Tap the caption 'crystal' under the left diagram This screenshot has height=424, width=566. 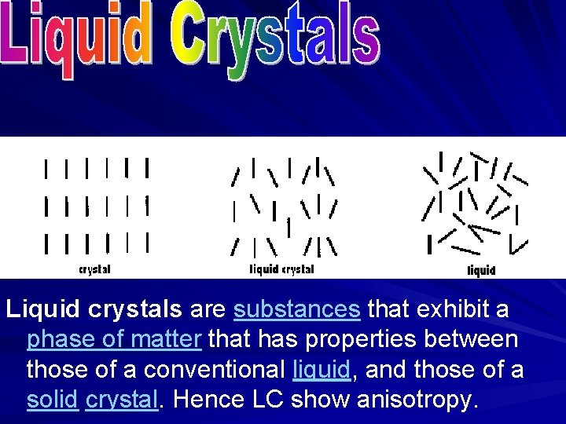coord(94,269)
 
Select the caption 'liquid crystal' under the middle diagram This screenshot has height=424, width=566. coord(281,269)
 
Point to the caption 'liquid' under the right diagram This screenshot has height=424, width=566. coord(481,271)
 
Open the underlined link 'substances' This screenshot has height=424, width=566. coord(297,310)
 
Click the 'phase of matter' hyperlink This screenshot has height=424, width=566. coord(114,340)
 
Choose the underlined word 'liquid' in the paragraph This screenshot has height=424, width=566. coord(318,370)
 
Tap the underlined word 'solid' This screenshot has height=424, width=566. coord(52,400)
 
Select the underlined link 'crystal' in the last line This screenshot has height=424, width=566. coord(122,400)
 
